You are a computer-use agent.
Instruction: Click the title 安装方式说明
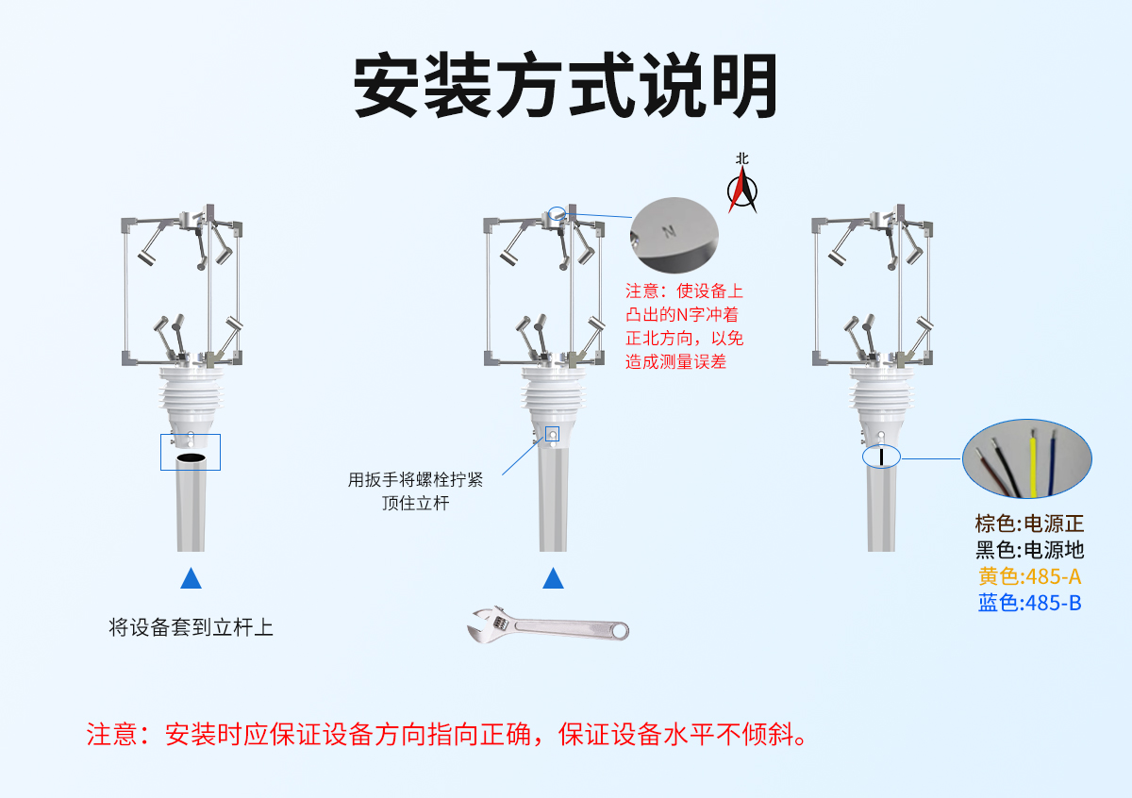click(x=566, y=87)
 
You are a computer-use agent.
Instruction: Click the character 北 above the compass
click(x=742, y=159)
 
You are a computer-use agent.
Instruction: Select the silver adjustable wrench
click(x=548, y=625)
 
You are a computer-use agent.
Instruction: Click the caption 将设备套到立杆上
click(x=191, y=627)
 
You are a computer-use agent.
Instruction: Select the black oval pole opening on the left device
click(x=191, y=457)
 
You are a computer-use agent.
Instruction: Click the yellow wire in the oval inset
click(x=1033, y=467)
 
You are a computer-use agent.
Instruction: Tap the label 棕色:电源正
click(x=1029, y=524)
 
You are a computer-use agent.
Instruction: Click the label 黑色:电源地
click(x=1029, y=550)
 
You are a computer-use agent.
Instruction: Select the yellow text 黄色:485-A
click(x=1029, y=576)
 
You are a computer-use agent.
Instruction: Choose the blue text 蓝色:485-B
click(x=1029, y=603)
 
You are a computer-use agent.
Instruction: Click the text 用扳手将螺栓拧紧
click(x=415, y=479)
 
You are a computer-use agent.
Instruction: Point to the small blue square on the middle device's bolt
click(x=553, y=434)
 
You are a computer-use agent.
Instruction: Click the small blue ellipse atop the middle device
click(x=558, y=213)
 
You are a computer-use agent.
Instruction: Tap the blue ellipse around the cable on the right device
click(x=881, y=457)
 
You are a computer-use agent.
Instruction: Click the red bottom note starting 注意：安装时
click(x=448, y=734)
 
